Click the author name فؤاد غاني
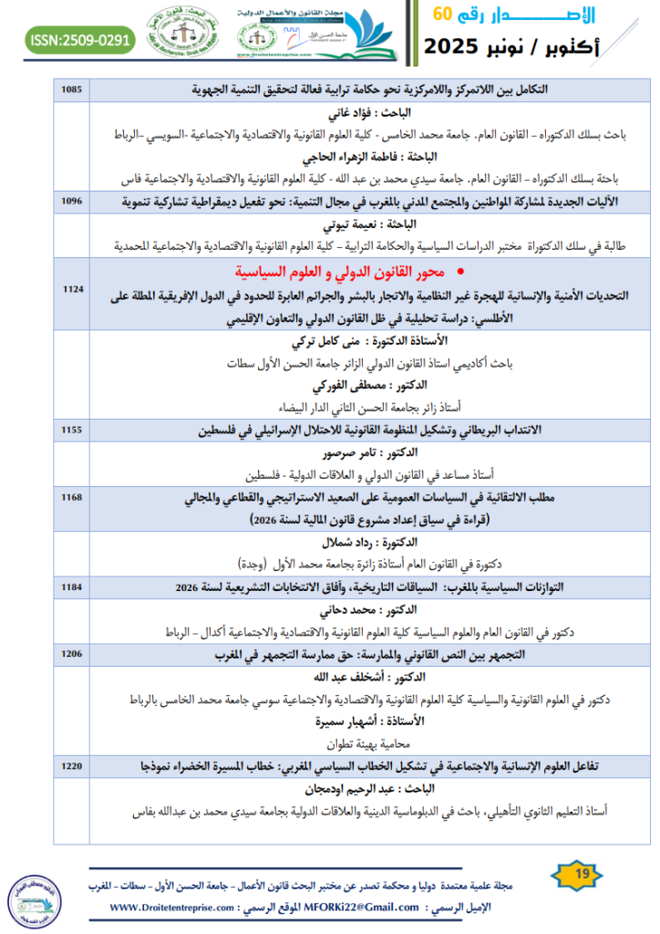[380, 113]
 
